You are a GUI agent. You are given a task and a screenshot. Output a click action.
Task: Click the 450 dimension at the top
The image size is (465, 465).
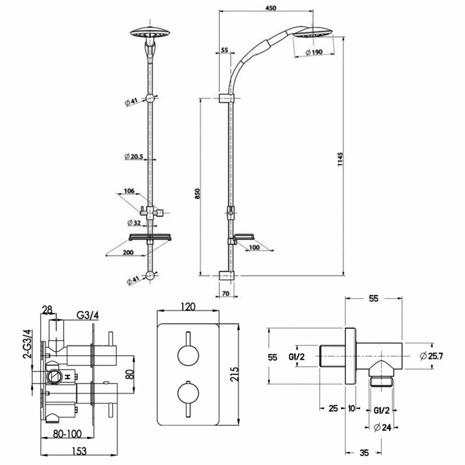(271, 8)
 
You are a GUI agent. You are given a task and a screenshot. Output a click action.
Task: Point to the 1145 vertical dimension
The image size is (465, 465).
(340, 159)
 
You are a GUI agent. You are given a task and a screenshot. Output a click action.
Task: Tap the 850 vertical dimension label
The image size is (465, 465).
(197, 193)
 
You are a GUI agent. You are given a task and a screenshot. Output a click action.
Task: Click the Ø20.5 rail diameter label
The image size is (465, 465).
(134, 157)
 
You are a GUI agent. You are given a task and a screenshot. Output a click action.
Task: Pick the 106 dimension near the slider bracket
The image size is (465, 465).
(129, 191)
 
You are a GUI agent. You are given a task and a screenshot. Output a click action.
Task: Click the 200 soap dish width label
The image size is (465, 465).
(128, 253)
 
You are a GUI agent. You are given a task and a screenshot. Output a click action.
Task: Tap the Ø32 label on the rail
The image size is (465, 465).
(134, 223)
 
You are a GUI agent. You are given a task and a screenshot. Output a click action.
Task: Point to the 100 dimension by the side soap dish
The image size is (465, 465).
(254, 247)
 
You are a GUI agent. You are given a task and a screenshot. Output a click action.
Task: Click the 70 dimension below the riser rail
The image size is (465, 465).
(226, 293)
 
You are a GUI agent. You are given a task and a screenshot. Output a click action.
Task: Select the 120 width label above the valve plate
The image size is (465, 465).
(188, 307)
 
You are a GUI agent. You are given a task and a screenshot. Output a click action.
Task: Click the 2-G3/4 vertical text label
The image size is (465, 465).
(28, 344)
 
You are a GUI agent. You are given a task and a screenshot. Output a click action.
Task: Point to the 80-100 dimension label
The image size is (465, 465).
(67, 434)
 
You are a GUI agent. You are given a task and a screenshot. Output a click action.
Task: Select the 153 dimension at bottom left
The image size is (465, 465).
(79, 451)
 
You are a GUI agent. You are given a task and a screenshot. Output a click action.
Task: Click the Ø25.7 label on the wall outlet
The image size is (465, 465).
(431, 356)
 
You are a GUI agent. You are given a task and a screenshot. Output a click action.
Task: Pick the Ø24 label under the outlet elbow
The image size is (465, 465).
(383, 427)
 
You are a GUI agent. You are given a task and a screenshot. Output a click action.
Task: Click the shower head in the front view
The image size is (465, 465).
(150, 33)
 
